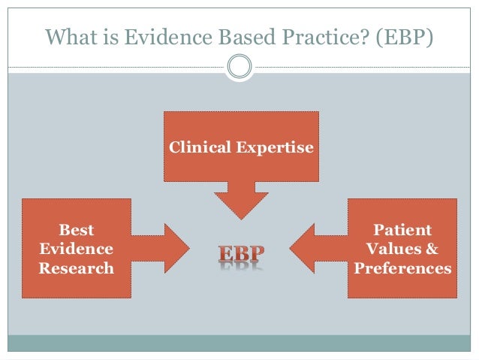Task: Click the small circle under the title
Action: (x=239, y=66)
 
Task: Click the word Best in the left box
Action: (x=77, y=230)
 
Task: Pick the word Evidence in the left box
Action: (x=77, y=249)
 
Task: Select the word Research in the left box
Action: (x=77, y=268)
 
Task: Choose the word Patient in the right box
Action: (x=402, y=230)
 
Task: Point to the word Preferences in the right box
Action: (x=402, y=268)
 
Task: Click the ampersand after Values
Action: (x=430, y=249)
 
